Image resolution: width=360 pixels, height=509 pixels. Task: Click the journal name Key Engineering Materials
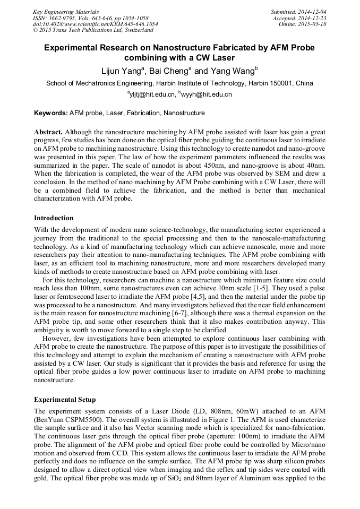coord(65,11)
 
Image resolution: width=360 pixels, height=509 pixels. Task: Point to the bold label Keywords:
coord(51,113)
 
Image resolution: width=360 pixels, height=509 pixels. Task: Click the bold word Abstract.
coord(48,131)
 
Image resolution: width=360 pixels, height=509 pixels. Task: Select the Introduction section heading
coord(54,218)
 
